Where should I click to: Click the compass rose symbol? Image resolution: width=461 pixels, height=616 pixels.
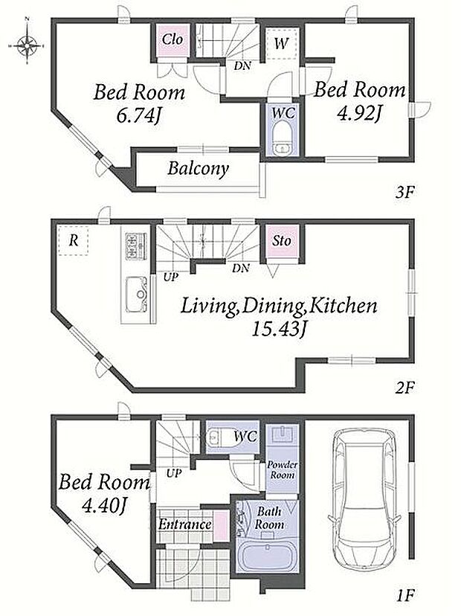click(x=26, y=45)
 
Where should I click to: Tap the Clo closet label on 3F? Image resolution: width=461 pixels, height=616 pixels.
click(x=173, y=39)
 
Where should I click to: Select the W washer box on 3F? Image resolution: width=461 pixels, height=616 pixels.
click(x=280, y=43)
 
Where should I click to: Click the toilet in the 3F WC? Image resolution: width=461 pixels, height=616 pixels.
click(x=283, y=138)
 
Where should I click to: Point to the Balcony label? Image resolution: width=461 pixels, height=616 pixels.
click(x=198, y=169)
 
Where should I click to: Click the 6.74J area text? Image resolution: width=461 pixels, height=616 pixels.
click(x=139, y=115)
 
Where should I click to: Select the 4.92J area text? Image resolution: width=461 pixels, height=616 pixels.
click(x=359, y=113)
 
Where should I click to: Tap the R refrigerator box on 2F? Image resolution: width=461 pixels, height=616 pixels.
click(x=74, y=240)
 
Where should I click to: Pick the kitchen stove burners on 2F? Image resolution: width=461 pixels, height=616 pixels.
click(x=136, y=246)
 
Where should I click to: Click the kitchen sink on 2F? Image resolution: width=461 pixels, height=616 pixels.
click(x=137, y=295)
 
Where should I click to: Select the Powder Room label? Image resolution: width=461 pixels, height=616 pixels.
click(x=283, y=470)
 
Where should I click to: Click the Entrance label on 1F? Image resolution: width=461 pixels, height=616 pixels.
click(x=184, y=524)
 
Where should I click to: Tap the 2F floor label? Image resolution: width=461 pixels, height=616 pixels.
click(x=404, y=388)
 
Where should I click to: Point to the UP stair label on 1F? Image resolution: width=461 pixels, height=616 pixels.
click(x=173, y=473)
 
